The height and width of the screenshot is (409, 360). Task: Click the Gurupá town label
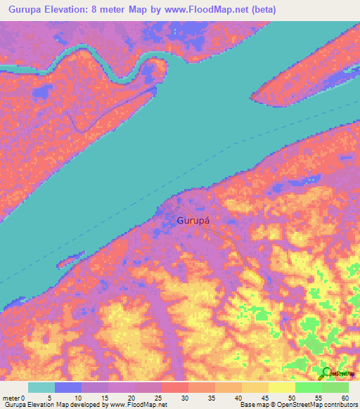click(x=194, y=220)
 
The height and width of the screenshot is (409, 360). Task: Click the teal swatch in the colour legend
click(x=41, y=388)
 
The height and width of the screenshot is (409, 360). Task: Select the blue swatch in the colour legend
click(x=68, y=388)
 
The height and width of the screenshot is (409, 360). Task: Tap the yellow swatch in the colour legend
click(x=282, y=388)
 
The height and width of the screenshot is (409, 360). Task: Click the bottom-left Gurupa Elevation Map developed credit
click(x=84, y=405)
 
